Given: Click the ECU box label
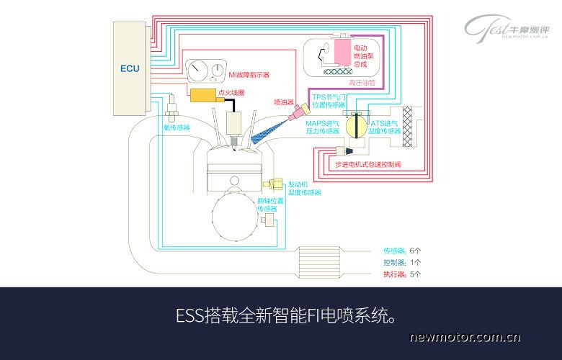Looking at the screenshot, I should click(x=130, y=69).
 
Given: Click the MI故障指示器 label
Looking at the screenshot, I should click(x=249, y=74).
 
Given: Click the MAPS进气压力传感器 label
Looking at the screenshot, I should click(x=322, y=127).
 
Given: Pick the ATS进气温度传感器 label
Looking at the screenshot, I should click(x=385, y=127).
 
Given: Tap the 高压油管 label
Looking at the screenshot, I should click(x=362, y=83).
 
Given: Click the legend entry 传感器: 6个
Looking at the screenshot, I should click(x=403, y=251).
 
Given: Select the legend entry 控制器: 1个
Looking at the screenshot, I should click(x=403, y=262).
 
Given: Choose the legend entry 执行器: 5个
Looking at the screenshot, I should click(x=403, y=274).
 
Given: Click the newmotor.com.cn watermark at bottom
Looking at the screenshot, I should click(x=465, y=336).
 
